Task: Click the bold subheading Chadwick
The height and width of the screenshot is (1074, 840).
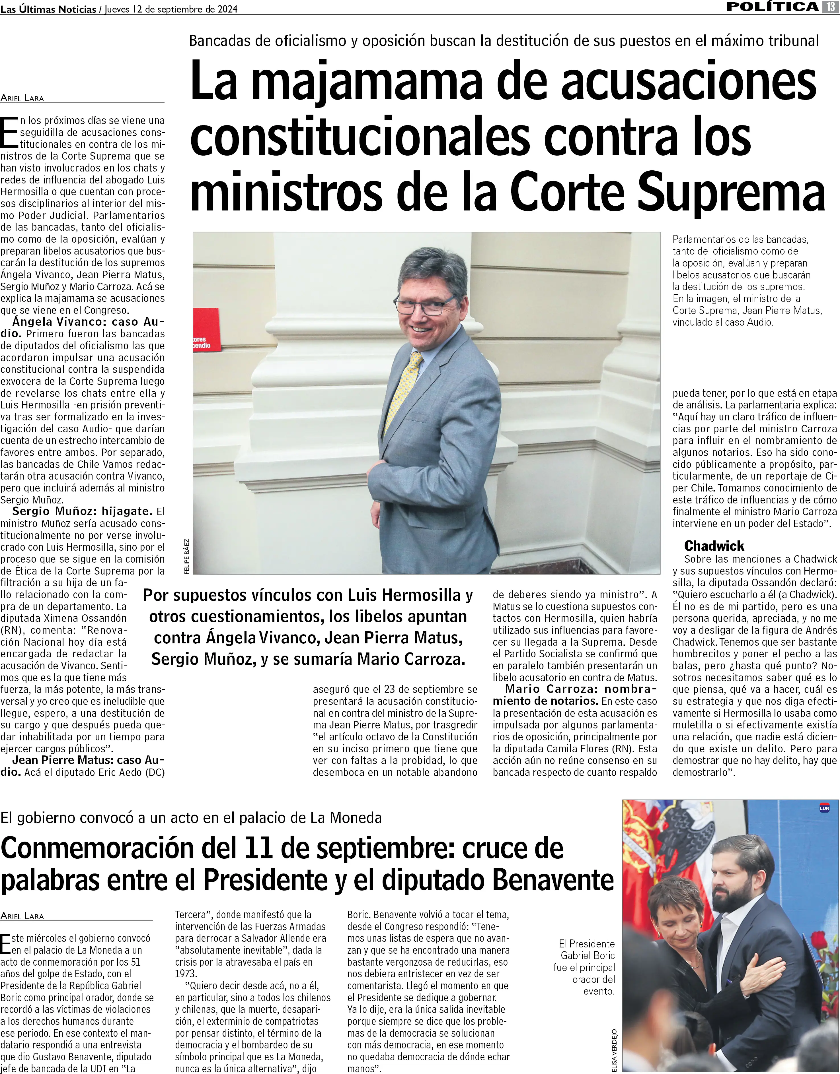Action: [x=714, y=546]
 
